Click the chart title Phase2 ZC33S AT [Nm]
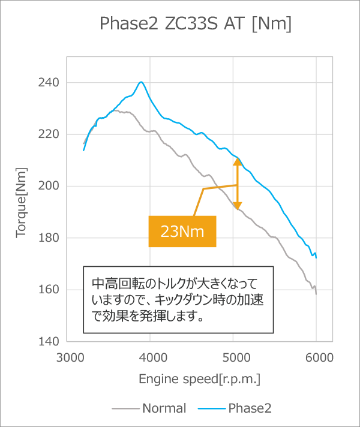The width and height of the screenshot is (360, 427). click(x=195, y=24)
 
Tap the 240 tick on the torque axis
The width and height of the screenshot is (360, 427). click(x=49, y=83)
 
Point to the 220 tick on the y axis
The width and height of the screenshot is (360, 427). click(x=49, y=134)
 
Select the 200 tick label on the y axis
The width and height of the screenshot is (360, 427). click(x=49, y=186)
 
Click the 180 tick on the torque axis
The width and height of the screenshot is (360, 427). click(x=49, y=238)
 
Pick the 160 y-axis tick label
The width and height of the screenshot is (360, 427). click(x=49, y=290)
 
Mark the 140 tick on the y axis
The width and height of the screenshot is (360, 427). click(x=49, y=342)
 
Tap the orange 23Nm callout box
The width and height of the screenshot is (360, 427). click(x=182, y=231)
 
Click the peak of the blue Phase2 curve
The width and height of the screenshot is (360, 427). click(x=141, y=82)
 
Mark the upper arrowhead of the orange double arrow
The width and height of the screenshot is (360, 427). click(x=238, y=161)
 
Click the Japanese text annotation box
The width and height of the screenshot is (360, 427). click(x=178, y=299)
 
